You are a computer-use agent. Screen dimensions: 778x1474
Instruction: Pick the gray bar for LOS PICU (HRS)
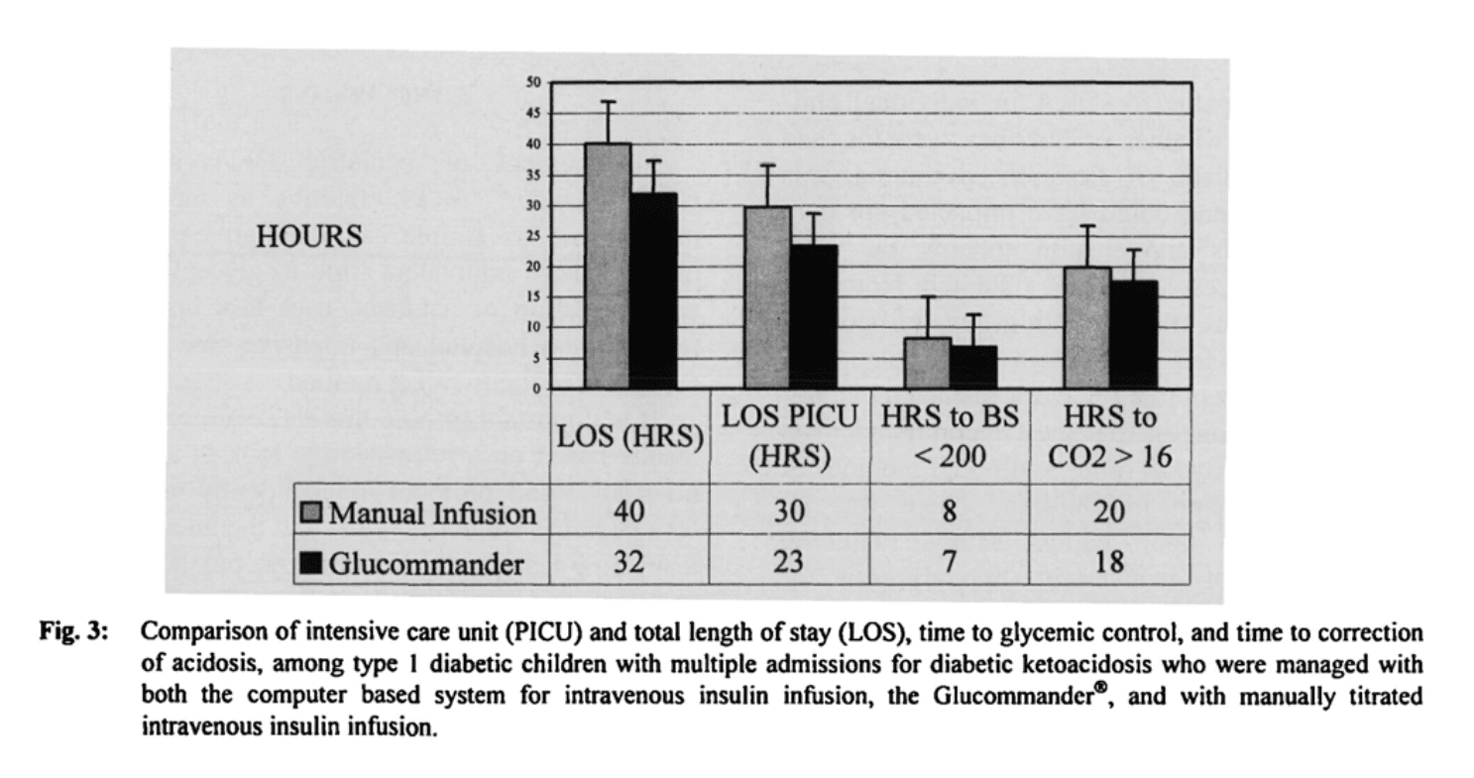click(x=767, y=297)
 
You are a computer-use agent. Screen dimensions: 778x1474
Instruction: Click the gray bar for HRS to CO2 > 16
click(x=1086, y=327)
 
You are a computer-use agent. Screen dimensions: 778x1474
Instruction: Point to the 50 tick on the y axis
click(x=532, y=83)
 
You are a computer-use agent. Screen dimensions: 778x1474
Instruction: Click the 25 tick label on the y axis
click(x=532, y=236)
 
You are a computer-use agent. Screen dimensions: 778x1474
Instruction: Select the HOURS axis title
click(x=308, y=238)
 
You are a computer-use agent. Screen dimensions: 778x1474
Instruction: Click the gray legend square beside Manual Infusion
click(x=312, y=513)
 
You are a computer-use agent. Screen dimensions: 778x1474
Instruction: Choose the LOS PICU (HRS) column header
click(x=789, y=437)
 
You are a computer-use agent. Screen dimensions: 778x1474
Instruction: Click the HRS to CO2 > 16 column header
click(x=1109, y=437)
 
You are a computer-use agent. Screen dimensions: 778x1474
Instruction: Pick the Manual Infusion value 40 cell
click(x=628, y=513)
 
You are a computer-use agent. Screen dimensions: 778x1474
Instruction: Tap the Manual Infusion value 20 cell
click(x=1109, y=513)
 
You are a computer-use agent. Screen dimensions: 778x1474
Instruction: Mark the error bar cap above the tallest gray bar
click(x=607, y=101)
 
